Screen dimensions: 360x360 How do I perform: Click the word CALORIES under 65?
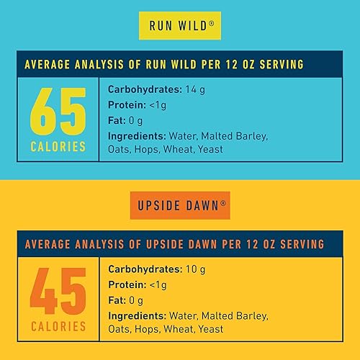[x=58, y=147]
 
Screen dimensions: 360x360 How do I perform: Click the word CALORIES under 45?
[x=58, y=327]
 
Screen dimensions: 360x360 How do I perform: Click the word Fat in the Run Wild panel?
[x=116, y=121]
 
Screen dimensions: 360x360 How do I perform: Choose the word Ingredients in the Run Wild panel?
[x=136, y=136]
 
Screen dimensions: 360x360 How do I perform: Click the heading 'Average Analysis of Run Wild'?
[x=164, y=65]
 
